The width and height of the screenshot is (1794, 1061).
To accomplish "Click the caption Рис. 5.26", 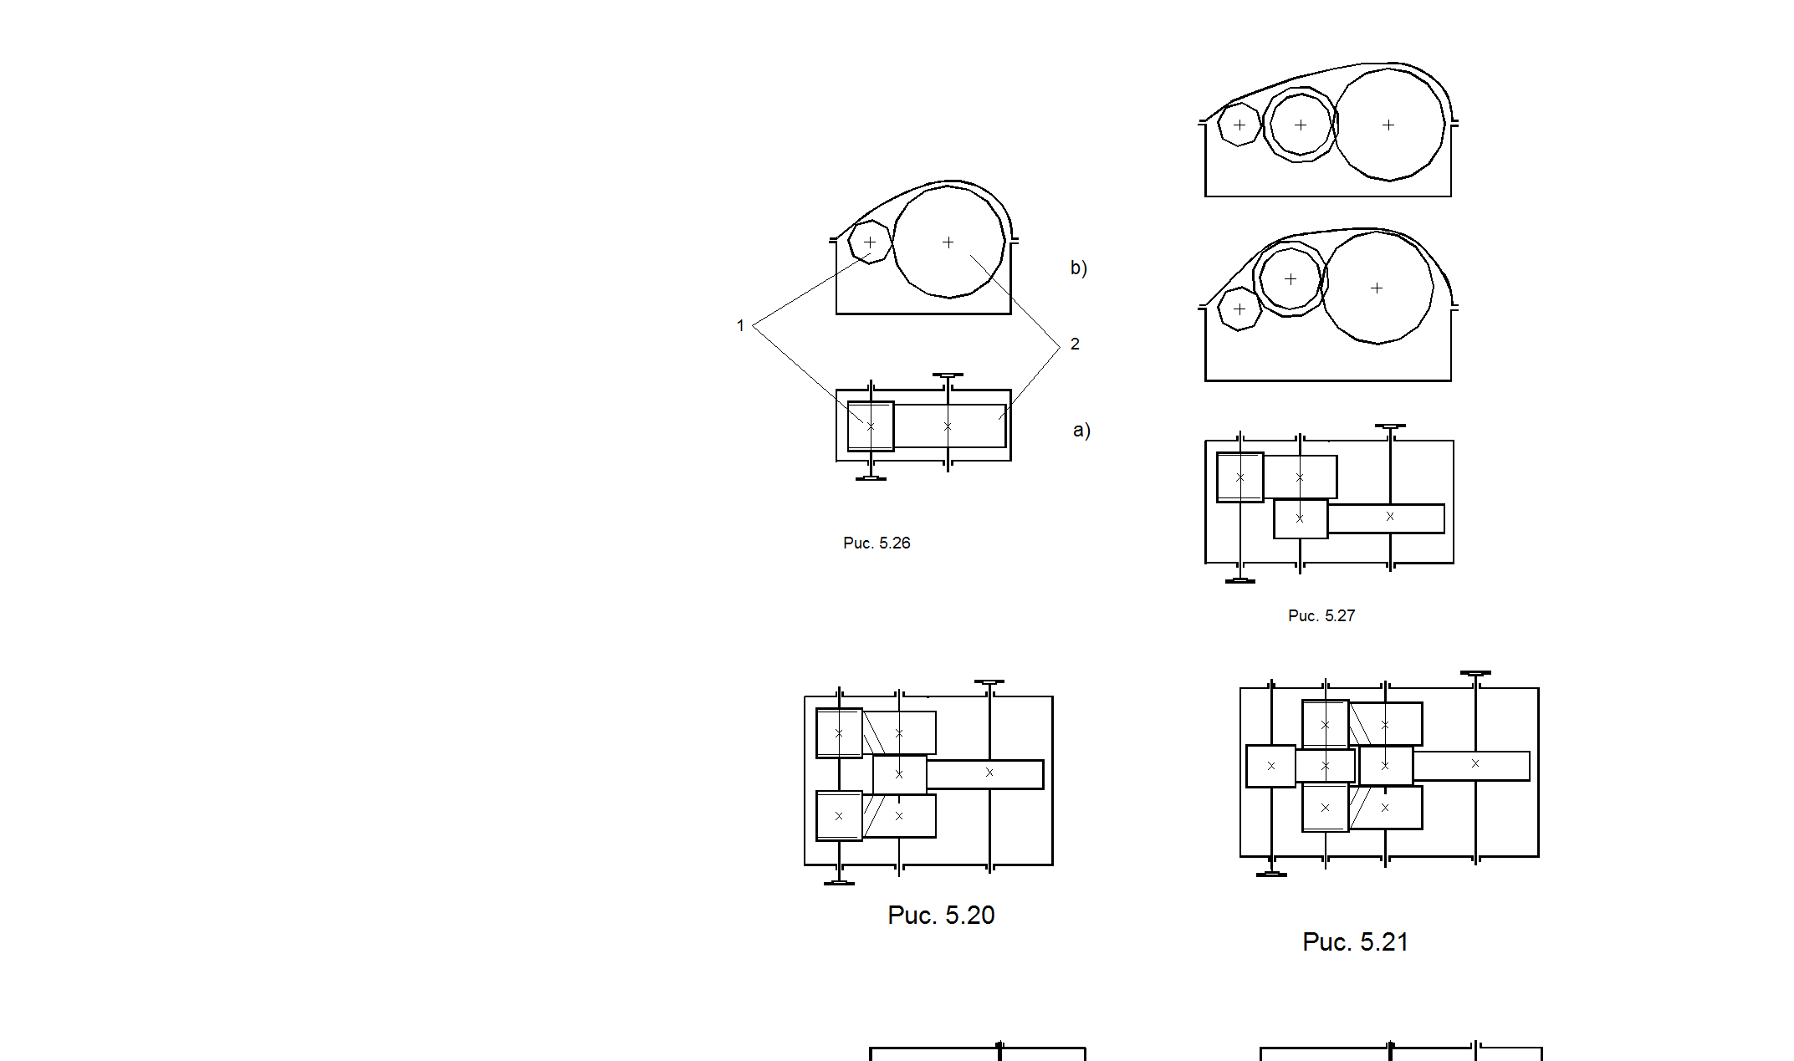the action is point(877,543).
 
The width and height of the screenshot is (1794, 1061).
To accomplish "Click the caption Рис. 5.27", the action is point(1321,615).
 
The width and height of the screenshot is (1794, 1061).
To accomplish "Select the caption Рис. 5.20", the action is point(941,915).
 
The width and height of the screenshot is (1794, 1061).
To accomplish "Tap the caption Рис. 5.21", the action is point(1355,941).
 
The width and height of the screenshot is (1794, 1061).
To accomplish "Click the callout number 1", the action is point(740,325).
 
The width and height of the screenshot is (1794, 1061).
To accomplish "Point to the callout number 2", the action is point(1075,344).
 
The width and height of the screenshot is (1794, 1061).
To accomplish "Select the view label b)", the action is point(1079,268).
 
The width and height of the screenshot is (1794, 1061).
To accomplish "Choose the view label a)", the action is point(1081,430).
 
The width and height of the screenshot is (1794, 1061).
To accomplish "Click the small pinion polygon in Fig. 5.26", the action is point(850,242).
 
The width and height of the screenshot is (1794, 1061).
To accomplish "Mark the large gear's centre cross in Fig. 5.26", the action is point(948,242).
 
